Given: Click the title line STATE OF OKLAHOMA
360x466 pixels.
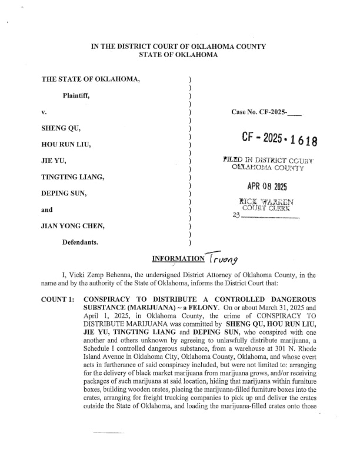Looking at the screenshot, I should (178, 55).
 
